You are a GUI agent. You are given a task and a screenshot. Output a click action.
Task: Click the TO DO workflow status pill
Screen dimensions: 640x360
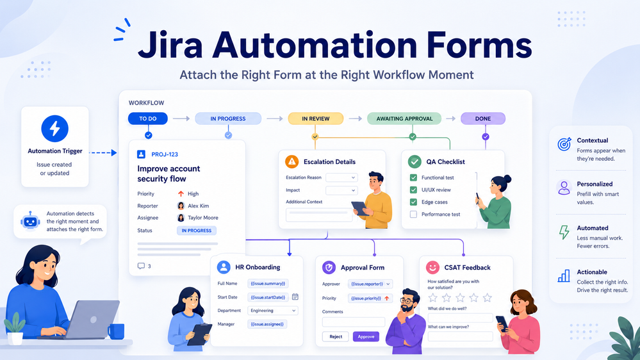(x=148, y=119)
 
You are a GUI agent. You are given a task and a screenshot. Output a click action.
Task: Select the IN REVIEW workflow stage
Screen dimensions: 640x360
(x=315, y=119)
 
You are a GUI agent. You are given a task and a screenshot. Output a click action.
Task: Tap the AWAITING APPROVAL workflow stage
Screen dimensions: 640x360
(x=404, y=119)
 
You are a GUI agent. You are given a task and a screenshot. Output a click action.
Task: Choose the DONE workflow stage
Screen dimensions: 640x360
(x=483, y=119)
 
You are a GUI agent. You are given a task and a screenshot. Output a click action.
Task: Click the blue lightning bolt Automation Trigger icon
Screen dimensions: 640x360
(x=54, y=129)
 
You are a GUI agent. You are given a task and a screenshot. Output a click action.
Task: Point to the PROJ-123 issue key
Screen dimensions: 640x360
(x=165, y=154)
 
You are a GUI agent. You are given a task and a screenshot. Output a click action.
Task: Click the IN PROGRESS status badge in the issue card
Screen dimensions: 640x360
(x=196, y=231)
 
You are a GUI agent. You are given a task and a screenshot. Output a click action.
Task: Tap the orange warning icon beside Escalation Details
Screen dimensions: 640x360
(x=292, y=161)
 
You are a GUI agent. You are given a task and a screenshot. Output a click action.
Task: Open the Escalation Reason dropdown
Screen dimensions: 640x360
(x=341, y=177)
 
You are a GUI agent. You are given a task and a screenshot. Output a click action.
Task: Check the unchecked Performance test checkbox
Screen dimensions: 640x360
(x=413, y=215)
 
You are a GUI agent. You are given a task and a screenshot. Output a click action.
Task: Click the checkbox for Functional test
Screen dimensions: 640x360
(x=413, y=177)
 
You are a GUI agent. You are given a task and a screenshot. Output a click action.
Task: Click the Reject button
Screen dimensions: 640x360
(x=336, y=337)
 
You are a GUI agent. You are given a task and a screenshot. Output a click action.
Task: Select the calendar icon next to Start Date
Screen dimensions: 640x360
(x=295, y=297)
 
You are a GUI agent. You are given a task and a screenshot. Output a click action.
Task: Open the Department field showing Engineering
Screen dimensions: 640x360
(x=273, y=311)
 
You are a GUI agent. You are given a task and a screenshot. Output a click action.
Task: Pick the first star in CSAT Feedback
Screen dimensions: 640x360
(x=433, y=298)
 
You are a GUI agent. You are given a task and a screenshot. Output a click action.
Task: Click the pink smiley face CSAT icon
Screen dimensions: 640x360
(x=432, y=267)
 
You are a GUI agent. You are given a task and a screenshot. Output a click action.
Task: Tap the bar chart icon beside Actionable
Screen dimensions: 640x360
(x=564, y=276)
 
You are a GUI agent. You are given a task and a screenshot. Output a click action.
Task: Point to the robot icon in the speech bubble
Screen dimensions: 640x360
(x=30, y=222)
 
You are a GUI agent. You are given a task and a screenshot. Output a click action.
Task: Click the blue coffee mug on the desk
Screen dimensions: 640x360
(x=116, y=331)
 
